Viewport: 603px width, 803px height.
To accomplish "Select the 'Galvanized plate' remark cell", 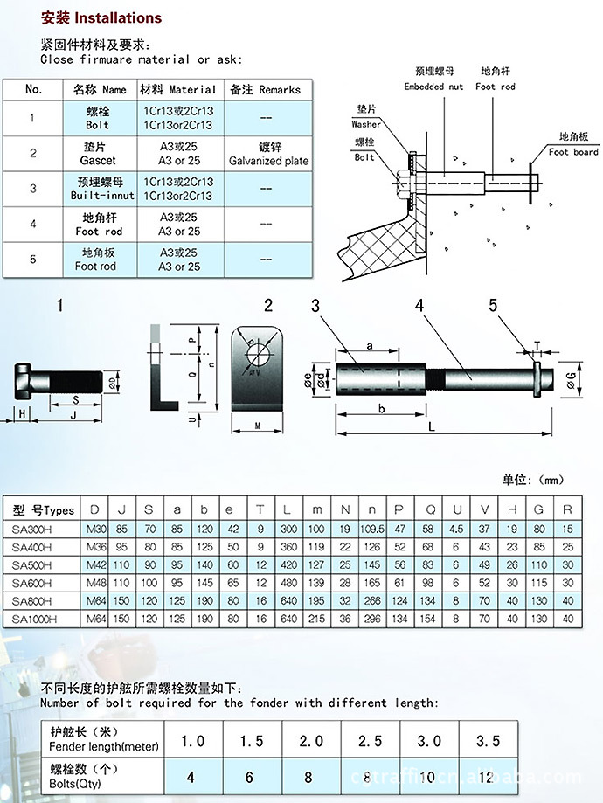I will coord(268,155).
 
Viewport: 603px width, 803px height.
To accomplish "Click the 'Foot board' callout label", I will coord(573,145).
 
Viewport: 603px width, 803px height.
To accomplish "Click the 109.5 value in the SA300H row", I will coord(372,528).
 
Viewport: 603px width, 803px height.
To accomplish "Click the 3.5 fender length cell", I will coord(487,740).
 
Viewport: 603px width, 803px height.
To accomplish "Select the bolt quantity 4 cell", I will coord(191,776).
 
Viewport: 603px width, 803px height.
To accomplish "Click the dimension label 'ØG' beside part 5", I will coord(571,377).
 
